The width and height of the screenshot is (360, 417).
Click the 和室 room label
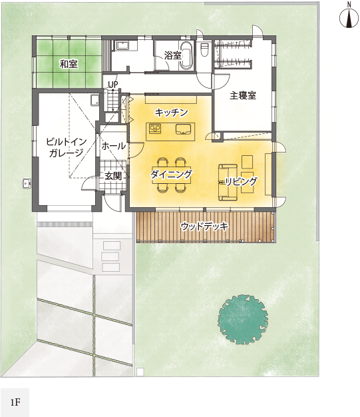69,64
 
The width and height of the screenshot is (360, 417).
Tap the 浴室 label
173,55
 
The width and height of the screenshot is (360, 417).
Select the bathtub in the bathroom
186,55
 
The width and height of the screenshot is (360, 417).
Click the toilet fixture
204,50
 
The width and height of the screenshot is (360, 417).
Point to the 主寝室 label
243,95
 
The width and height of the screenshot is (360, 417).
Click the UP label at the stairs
113,85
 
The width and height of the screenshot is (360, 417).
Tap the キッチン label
172,113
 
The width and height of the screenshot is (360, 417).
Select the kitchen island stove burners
155,129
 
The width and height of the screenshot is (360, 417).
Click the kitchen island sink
183,129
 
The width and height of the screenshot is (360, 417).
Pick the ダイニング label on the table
171,175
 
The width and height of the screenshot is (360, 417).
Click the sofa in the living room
228,182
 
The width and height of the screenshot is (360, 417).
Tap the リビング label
242,182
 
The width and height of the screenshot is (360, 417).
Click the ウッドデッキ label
204,226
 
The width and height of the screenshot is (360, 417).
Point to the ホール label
113,146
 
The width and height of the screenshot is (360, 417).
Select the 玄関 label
113,175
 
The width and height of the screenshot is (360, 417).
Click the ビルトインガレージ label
66,147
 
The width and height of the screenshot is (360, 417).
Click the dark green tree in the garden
243,319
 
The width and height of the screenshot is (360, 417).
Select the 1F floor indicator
15,402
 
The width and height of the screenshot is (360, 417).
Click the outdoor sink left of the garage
27,183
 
